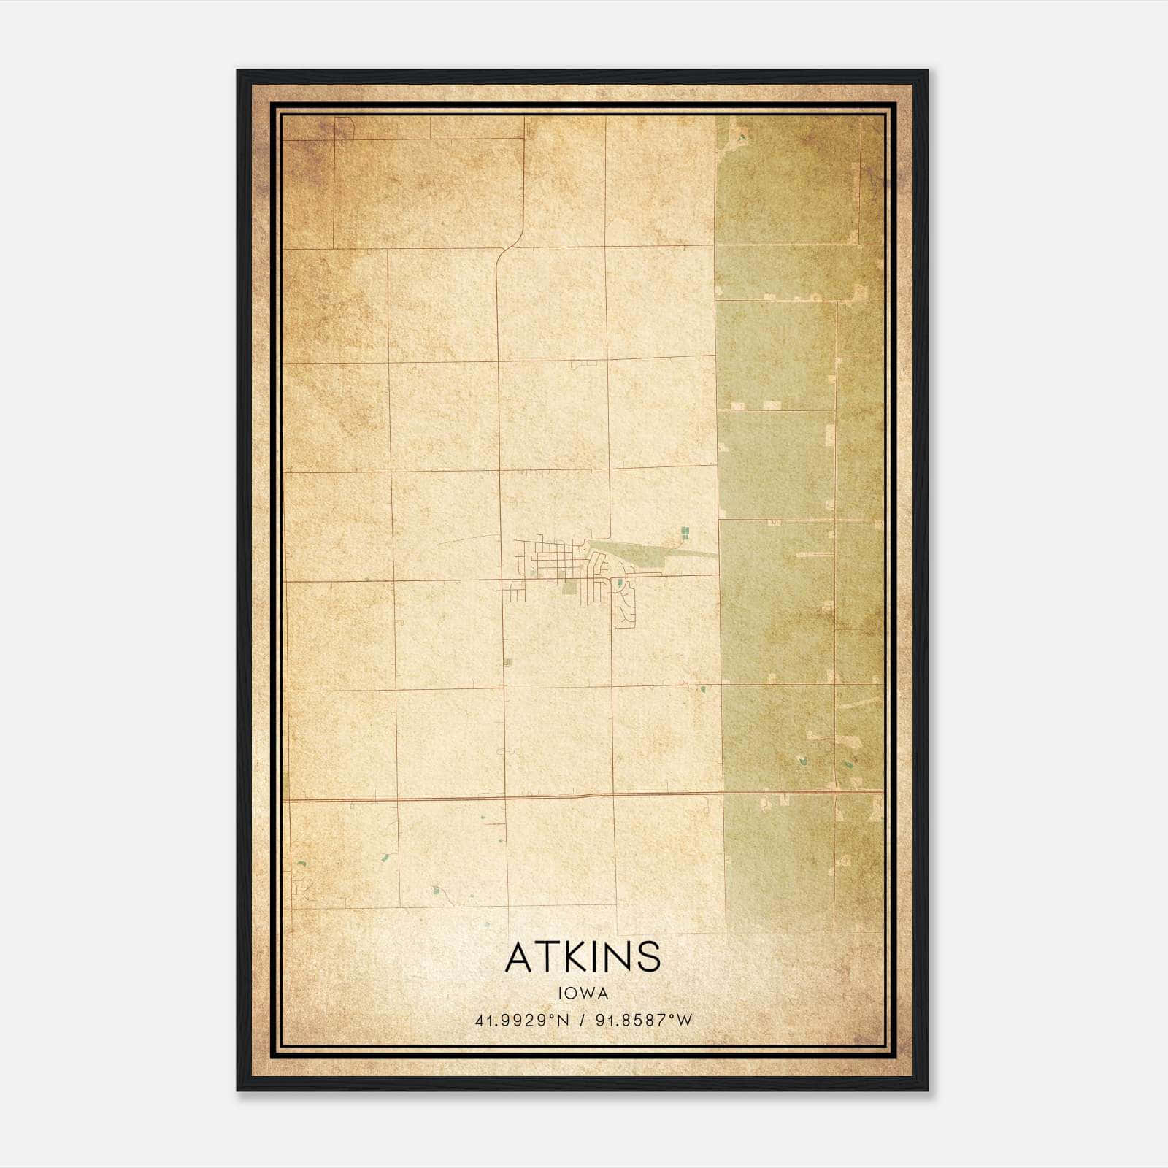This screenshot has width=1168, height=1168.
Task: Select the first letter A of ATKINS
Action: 519,956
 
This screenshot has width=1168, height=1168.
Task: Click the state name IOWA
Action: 583,993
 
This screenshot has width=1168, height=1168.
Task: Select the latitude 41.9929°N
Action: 522,1020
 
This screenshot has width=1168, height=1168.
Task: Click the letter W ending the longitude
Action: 685,1020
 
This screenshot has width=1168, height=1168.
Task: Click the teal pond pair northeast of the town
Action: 685,532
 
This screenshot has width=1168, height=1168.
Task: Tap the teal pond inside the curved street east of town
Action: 619,583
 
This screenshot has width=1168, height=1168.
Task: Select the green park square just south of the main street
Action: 568,585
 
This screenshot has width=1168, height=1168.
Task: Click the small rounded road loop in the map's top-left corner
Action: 344,128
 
